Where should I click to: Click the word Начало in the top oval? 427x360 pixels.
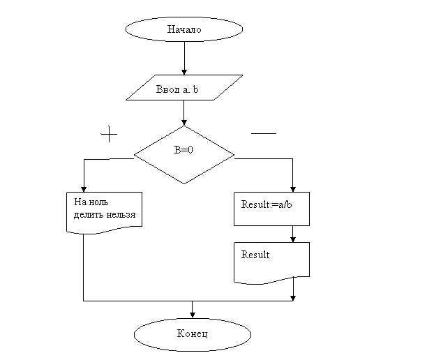click(184, 29)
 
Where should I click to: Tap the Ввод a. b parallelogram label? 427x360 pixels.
click(177, 89)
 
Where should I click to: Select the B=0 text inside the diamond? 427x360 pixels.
click(183, 150)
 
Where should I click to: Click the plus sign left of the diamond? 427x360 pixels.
click(109, 134)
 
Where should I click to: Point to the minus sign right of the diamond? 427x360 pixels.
click(264, 133)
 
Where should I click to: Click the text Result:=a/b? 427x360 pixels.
click(267, 204)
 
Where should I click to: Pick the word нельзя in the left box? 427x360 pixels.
click(121, 215)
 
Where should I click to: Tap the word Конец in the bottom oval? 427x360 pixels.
click(193, 333)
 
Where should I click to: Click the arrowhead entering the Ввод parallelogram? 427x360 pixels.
click(184, 72)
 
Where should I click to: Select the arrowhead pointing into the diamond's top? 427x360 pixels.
click(184, 122)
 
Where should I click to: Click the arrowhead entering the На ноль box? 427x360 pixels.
click(84, 189)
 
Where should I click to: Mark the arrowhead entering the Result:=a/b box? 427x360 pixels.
click(293, 189)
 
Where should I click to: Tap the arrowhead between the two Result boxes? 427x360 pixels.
click(293, 239)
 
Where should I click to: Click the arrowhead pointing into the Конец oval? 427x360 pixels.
click(193, 315)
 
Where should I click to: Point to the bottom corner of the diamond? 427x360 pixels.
click(184, 184)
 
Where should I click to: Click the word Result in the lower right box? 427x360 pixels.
click(255, 255)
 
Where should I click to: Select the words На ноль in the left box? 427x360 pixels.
click(91, 202)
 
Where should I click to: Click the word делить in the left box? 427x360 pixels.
click(89, 215)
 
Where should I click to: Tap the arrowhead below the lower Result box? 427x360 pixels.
click(293, 298)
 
